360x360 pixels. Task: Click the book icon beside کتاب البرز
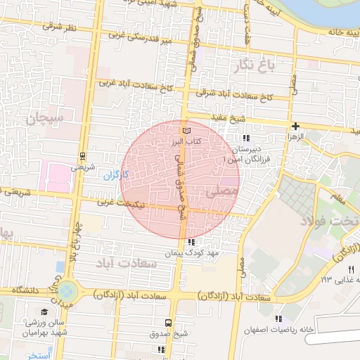pyautogui.click(x=186, y=131)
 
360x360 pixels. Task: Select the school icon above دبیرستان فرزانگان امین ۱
pyautogui.click(x=245, y=139)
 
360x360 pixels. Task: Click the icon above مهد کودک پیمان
pyautogui.click(x=192, y=242)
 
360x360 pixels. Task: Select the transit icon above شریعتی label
pyautogui.click(x=83, y=156)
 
